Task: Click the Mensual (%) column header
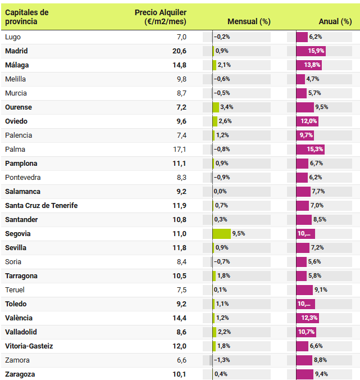[249, 21]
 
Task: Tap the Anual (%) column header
[335, 21]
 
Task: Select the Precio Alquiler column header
[161, 17]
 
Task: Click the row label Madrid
[16, 51]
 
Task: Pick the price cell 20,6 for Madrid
[179, 51]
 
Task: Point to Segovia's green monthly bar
[221, 233]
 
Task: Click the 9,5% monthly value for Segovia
[238, 233]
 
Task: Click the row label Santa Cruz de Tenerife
[41, 205]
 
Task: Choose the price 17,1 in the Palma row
[179, 149]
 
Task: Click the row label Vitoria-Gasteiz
[29, 346]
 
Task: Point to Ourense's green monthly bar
[216, 107]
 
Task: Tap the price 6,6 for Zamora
[181, 360]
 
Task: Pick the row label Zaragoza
[20, 374]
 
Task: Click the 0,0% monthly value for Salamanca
[220, 191]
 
